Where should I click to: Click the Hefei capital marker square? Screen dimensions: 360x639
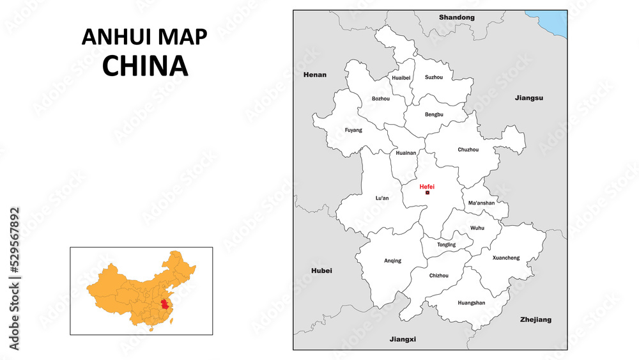[x=427, y=192]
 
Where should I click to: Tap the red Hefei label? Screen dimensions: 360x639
[x=427, y=186]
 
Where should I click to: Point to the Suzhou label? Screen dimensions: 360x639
[x=434, y=77]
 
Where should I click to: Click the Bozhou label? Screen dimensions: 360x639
[x=381, y=98]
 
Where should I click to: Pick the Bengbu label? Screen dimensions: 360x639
[x=434, y=114]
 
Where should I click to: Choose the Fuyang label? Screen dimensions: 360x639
[x=353, y=130]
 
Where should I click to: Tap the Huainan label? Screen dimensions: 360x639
[x=406, y=153]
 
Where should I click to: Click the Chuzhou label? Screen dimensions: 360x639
[x=468, y=150]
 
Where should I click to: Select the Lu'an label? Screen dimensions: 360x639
[x=382, y=198]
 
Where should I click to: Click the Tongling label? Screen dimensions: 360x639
[x=447, y=245]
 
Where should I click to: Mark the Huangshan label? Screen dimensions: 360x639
[x=472, y=302]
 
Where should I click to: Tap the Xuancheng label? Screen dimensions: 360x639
[x=506, y=258]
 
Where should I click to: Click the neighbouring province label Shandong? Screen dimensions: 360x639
[x=457, y=17]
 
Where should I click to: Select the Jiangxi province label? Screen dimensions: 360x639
[x=403, y=339]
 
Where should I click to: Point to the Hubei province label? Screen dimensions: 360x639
[x=321, y=270]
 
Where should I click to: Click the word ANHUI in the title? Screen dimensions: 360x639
[x=112, y=37]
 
